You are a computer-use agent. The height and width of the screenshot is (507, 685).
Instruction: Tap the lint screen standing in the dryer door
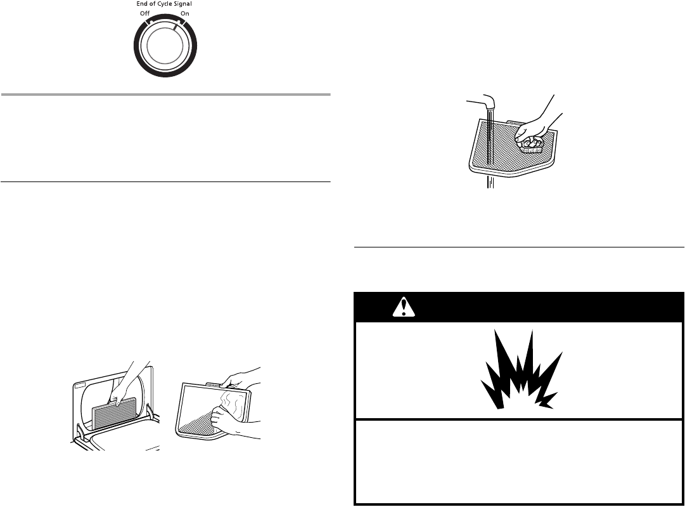point(115,415)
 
